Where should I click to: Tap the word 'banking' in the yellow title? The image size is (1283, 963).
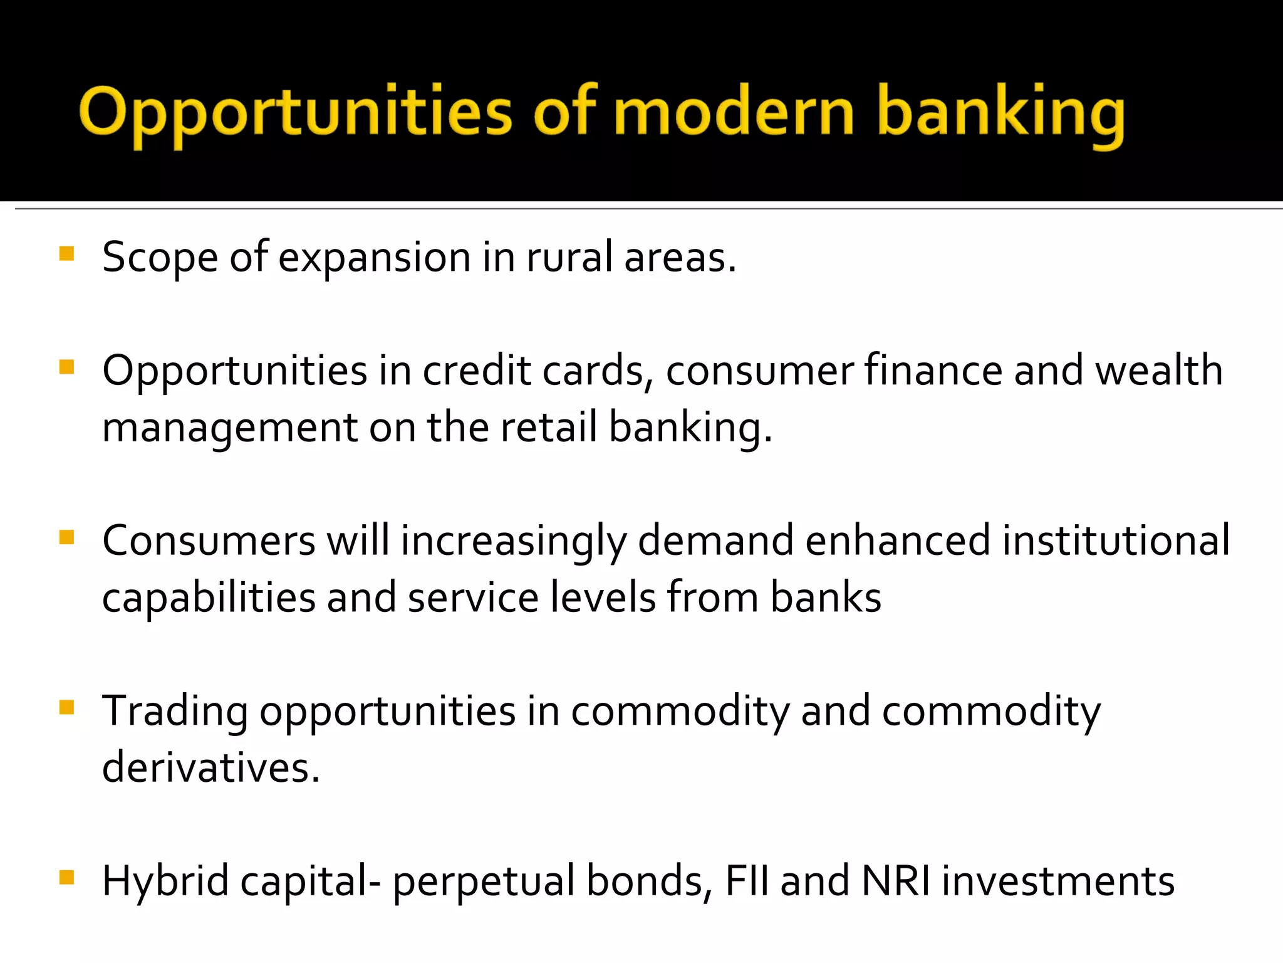[1000, 114]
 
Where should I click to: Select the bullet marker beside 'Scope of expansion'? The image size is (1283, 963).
[66, 254]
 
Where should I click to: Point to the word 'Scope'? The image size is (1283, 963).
[160, 258]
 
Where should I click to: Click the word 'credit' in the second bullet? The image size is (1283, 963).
[477, 371]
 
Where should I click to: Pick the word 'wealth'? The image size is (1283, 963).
[1158, 371]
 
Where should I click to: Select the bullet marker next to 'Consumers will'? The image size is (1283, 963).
[66, 537]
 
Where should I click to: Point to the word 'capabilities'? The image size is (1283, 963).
[209, 598]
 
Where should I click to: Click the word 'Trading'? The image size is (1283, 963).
[175, 712]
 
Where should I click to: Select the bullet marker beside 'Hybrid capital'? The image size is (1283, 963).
[66, 877]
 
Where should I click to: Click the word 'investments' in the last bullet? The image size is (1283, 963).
[1058, 881]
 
